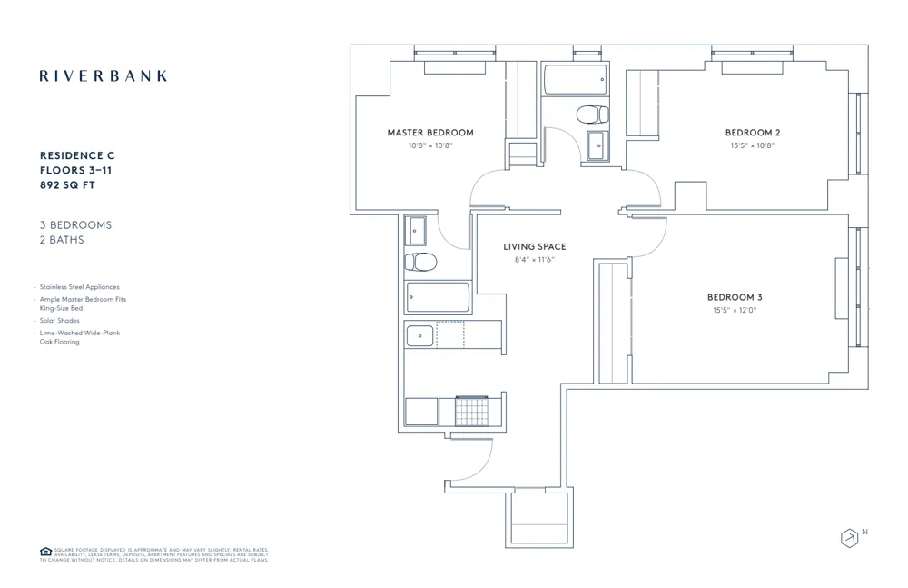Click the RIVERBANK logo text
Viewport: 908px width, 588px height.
pyautogui.click(x=104, y=76)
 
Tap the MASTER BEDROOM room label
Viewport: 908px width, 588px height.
pyautogui.click(x=430, y=133)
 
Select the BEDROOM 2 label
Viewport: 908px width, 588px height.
pyautogui.click(x=753, y=133)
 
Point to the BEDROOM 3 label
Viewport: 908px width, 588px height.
pyautogui.click(x=735, y=297)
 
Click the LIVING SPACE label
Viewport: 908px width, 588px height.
pyautogui.click(x=535, y=247)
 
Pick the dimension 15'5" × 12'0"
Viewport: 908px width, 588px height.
pyautogui.click(x=734, y=310)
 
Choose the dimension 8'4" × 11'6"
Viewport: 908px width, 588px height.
pyautogui.click(x=534, y=260)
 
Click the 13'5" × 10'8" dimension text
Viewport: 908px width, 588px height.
pyautogui.click(x=753, y=145)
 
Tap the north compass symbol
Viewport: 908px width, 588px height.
pyautogui.click(x=850, y=538)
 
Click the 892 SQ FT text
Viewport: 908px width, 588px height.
pyautogui.click(x=68, y=185)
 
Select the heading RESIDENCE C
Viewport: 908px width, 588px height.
pyautogui.click(x=77, y=156)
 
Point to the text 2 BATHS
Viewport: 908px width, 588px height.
pyautogui.click(x=62, y=240)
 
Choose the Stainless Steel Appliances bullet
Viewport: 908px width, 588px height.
pyautogui.click(x=79, y=287)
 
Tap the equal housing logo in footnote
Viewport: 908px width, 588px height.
pyautogui.click(x=45, y=552)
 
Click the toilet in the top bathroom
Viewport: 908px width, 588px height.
pyautogui.click(x=593, y=115)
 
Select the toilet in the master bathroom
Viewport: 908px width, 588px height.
pyautogui.click(x=420, y=263)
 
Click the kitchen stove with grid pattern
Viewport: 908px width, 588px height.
pyautogui.click(x=471, y=411)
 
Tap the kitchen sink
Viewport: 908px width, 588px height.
pyautogui.click(x=420, y=335)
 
